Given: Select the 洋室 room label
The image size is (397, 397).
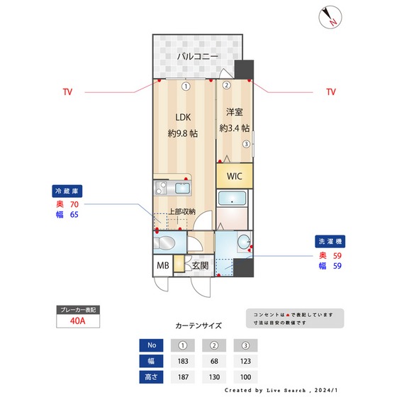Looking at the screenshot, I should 235,111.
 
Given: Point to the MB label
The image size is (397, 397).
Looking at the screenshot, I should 162,267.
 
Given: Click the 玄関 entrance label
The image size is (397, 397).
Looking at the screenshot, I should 200,267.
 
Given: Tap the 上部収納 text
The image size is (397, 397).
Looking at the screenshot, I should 181,211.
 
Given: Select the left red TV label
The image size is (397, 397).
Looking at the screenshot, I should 67,92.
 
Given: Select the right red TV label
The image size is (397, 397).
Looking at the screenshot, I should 330,92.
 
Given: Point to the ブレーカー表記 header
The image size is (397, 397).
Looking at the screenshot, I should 78,310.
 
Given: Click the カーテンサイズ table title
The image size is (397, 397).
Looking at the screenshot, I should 198,326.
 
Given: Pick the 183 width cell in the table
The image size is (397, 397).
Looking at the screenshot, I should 183,361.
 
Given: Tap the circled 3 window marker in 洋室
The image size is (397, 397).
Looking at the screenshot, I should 246,144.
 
